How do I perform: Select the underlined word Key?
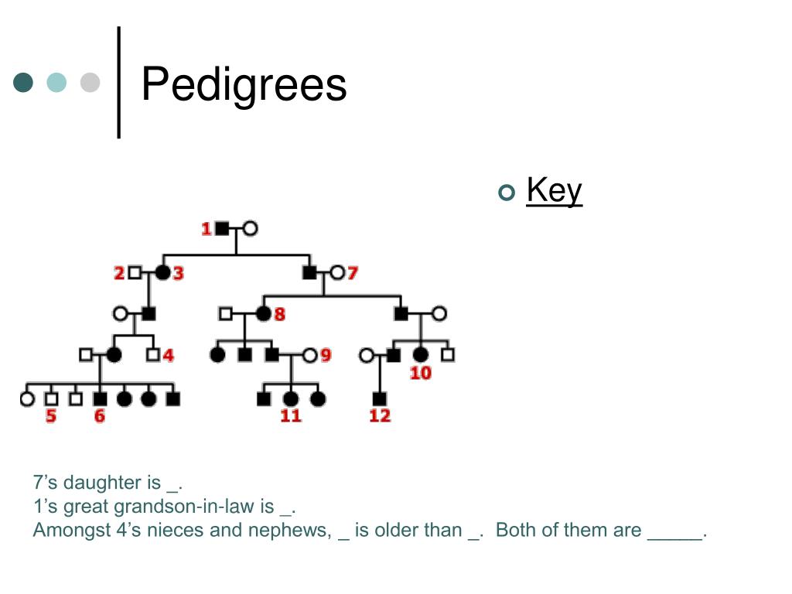pos(554,190)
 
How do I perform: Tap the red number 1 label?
pos(207,229)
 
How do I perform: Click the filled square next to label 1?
pos(223,229)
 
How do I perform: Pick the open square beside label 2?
pos(135,272)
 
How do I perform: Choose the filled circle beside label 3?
pos(162,272)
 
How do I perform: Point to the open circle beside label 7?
pos(336,272)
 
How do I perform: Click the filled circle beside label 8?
pos(263,314)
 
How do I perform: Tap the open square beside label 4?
pos(153,355)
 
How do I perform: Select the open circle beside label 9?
pos(309,355)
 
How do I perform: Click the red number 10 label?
pos(421,373)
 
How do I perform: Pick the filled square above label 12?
pos(379,399)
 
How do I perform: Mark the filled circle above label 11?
pos(291,399)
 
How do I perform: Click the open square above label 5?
pos(51,399)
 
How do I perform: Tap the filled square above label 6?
pos(100,399)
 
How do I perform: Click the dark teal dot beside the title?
pos(24,82)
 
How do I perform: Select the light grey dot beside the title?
pos(90,82)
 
